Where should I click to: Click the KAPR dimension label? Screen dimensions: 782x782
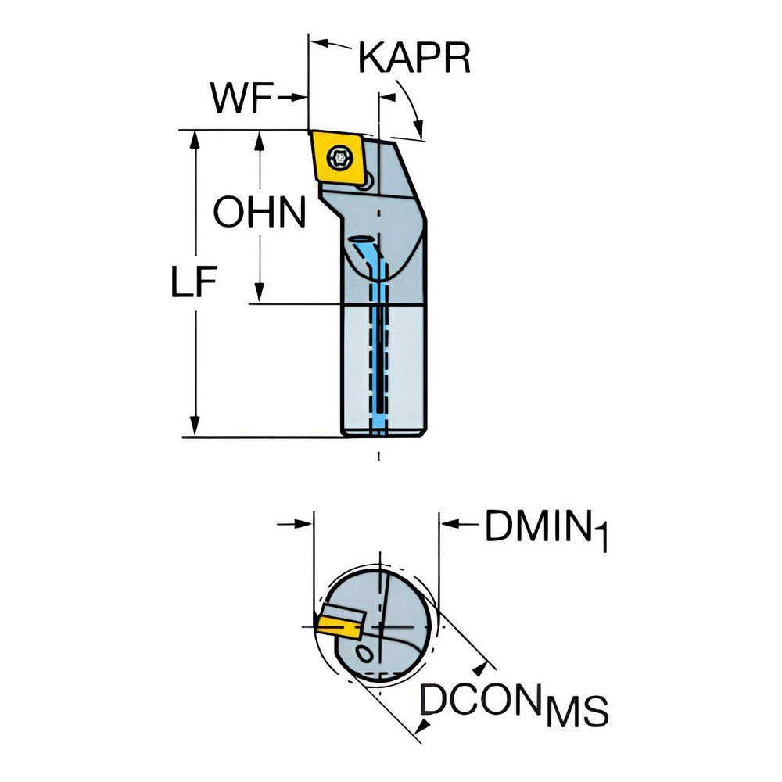pyautogui.click(x=414, y=59)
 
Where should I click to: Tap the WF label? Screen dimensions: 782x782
pyautogui.click(x=242, y=97)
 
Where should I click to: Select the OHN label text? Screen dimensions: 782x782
pyautogui.click(x=260, y=212)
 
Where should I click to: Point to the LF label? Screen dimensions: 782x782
pyautogui.click(x=193, y=282)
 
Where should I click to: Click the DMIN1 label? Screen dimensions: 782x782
pyautogui.click(x=546, y=529)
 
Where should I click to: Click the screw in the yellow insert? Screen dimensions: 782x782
pyautogui.click(x=339, y=159)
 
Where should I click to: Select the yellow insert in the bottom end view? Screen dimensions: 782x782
pyautogui.click(x=339, y=627)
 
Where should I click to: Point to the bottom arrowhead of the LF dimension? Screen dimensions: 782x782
pyautogui.click(x=195, y=426)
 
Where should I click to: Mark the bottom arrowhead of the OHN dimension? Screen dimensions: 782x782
pyautogui.click(x=259, y=292)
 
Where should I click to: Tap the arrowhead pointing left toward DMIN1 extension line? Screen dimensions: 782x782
pyautogui.click(x=449, y=524)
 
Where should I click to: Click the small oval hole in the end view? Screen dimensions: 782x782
pyautogui.click(x=365, y=653)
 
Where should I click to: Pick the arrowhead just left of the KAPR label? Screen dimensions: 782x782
pyautogui.click(x=320, y=44)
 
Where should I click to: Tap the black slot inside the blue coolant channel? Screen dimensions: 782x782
pyautogui.click(x=381, y=359)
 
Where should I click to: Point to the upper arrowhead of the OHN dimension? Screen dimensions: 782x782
pyautogui.click(x=259, y=141)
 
